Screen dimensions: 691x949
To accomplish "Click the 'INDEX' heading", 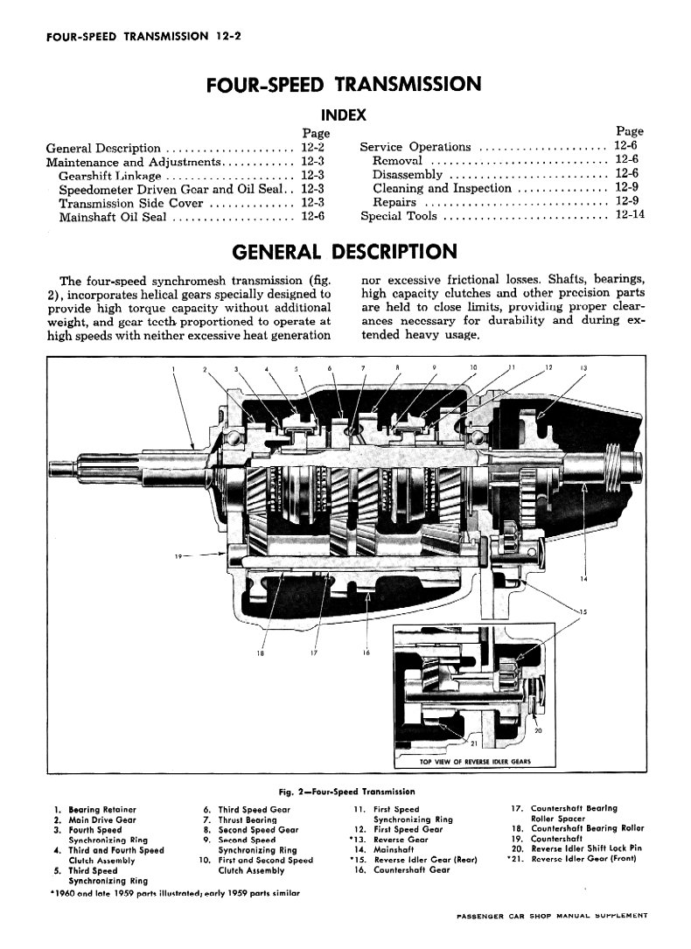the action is (343, 115).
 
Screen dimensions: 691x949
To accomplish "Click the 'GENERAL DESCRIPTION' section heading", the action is (345, 252).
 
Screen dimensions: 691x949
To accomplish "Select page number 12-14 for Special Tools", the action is (629, 214).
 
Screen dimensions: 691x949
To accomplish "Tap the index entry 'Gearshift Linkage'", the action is (110, 176).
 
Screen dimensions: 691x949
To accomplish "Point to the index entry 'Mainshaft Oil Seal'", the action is (113, 217).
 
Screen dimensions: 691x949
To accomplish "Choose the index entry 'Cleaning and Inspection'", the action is (442, 188).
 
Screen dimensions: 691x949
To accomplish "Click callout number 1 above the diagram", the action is (173, 368).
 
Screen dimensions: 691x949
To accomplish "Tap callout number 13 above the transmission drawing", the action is (583, 367).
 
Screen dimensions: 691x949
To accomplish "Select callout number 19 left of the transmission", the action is (178, 556).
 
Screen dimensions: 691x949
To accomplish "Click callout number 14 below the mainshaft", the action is (583, 579).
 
